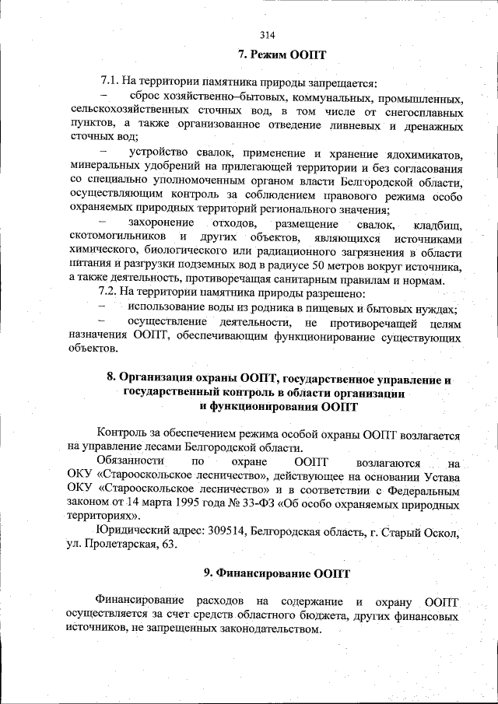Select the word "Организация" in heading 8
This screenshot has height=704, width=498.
159,377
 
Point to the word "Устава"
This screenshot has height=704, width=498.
443,475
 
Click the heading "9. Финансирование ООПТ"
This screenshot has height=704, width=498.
277,573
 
